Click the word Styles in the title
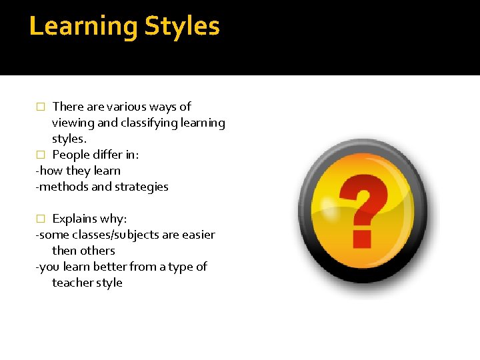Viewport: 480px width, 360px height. [182, 27]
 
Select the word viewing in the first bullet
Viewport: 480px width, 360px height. [71, 123]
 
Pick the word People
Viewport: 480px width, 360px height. [71, 155]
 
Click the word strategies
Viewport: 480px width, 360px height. [141, 187]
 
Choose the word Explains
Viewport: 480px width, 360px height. [76, 219]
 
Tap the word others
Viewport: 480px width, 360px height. [97, 251]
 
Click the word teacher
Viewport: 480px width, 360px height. [73, 283]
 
